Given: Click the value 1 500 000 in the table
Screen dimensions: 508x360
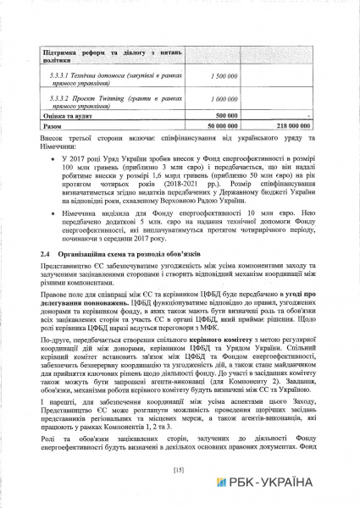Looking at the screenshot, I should [x=221, y=77].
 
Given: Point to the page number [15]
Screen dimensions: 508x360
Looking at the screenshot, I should [x=179, y=469].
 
